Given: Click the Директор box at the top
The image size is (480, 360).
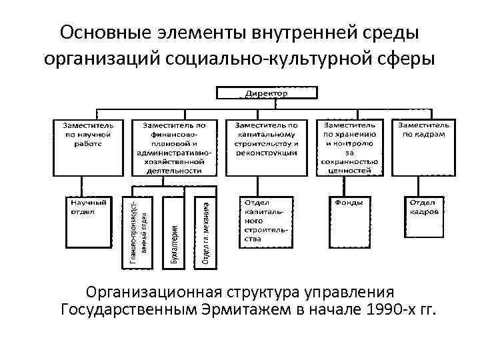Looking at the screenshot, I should point(265,94).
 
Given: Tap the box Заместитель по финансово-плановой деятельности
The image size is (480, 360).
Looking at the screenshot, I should point(173,147).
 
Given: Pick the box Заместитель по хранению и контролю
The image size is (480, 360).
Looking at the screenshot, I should point(350,147).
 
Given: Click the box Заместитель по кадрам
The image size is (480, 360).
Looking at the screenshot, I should point(425,133).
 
